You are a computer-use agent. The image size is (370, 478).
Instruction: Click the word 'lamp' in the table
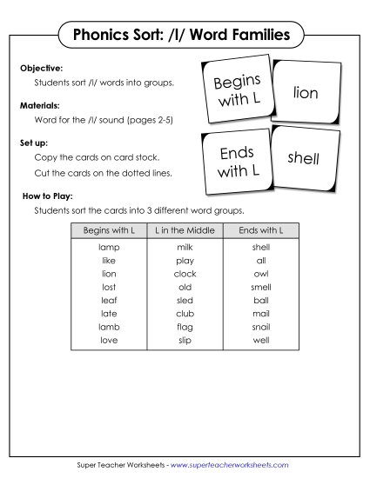pos(109,247)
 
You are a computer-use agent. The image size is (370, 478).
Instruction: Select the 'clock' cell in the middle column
pos(185,273)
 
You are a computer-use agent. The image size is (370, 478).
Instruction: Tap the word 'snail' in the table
pos(260,326)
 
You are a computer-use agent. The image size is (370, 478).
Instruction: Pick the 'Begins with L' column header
pos(109,230)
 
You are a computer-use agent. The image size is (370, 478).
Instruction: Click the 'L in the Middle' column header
pos(185,230)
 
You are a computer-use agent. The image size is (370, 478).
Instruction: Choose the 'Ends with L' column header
pos(260,230)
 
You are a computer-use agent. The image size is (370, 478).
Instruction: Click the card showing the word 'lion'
pos(306,91)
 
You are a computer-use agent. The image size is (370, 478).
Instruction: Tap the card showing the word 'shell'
pos(304,158)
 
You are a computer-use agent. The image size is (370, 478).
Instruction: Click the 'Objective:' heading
pos(42,67)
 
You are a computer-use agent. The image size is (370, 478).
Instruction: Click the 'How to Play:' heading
pos(48,196)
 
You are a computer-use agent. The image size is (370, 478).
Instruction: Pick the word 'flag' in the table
pos(185,326)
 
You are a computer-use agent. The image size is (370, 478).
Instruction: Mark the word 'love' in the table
pos(109,339)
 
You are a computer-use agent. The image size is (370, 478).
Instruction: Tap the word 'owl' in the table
pos(260,273)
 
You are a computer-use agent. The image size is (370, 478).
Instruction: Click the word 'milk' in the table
pos(185,247)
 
